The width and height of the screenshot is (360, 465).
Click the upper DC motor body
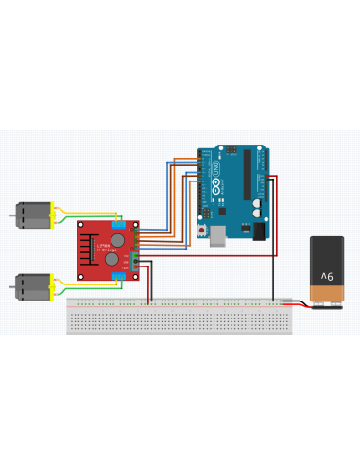coord(32,216)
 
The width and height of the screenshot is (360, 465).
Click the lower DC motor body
coord(32,285)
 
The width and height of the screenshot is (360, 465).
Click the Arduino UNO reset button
coord(200,231)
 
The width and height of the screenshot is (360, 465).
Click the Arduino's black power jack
coord(257,230)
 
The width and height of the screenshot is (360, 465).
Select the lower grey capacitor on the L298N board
coord(111,257)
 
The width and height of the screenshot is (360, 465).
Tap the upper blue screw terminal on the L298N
coord(117,224)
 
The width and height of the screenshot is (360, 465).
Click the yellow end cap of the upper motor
coord(54,216)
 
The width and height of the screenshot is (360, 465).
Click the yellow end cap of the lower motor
coord(54,285)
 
